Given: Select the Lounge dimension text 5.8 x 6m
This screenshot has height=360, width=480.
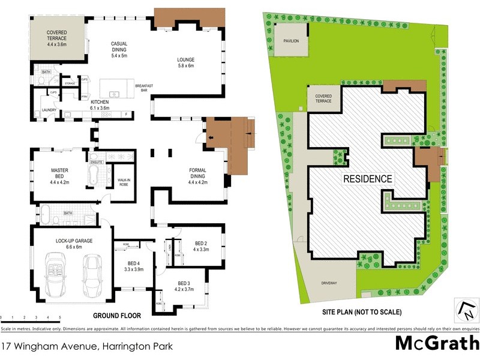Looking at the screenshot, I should tap(186, 66).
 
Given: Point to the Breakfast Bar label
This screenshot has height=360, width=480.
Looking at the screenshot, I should tap(145, 88).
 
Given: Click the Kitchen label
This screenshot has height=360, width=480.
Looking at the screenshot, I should tap(100, 103).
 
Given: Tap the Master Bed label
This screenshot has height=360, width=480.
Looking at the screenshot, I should tap(59, 173).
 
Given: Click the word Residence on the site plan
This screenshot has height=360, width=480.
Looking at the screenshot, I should tap(368, 178).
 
